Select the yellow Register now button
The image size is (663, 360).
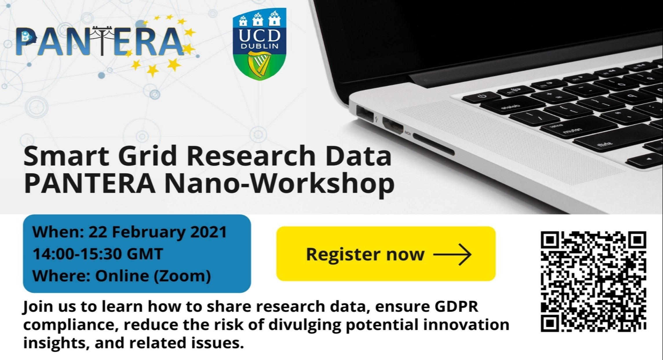coord(386,254)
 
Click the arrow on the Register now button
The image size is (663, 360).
coord(452,254)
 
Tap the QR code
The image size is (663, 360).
coord(593,281)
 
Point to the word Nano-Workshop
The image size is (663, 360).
coord(279,184)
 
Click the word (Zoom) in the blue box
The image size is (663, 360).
coord(182,276)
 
